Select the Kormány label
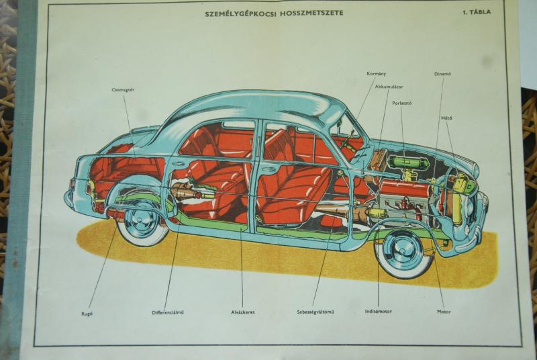tap(377, 73)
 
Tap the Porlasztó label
tap(402, 103)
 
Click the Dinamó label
tap(442, 73)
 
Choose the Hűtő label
tap(446, 118)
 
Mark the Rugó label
tap(88, 312)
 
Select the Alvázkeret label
tap(242, 312)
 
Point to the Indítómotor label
tap(379, 312)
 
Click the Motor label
tap(444, 312)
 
